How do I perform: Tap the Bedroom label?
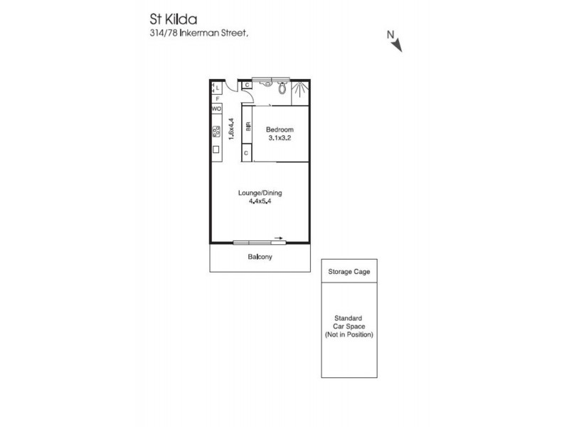tap(280, 130)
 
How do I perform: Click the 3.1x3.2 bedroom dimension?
tap(280, 139)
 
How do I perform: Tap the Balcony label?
tap(260, 257)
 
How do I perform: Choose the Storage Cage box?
tap(349, 271)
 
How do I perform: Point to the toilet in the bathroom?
tap(283, 89)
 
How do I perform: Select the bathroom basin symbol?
tap(265, 83)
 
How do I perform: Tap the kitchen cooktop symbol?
tap(216, 132)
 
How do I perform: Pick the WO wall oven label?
tap(216, 109)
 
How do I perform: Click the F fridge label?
tap(216, 98)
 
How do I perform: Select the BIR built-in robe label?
tap(248, 128)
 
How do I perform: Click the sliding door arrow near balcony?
tap(278, 239)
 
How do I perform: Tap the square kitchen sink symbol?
tap(216, 149)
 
